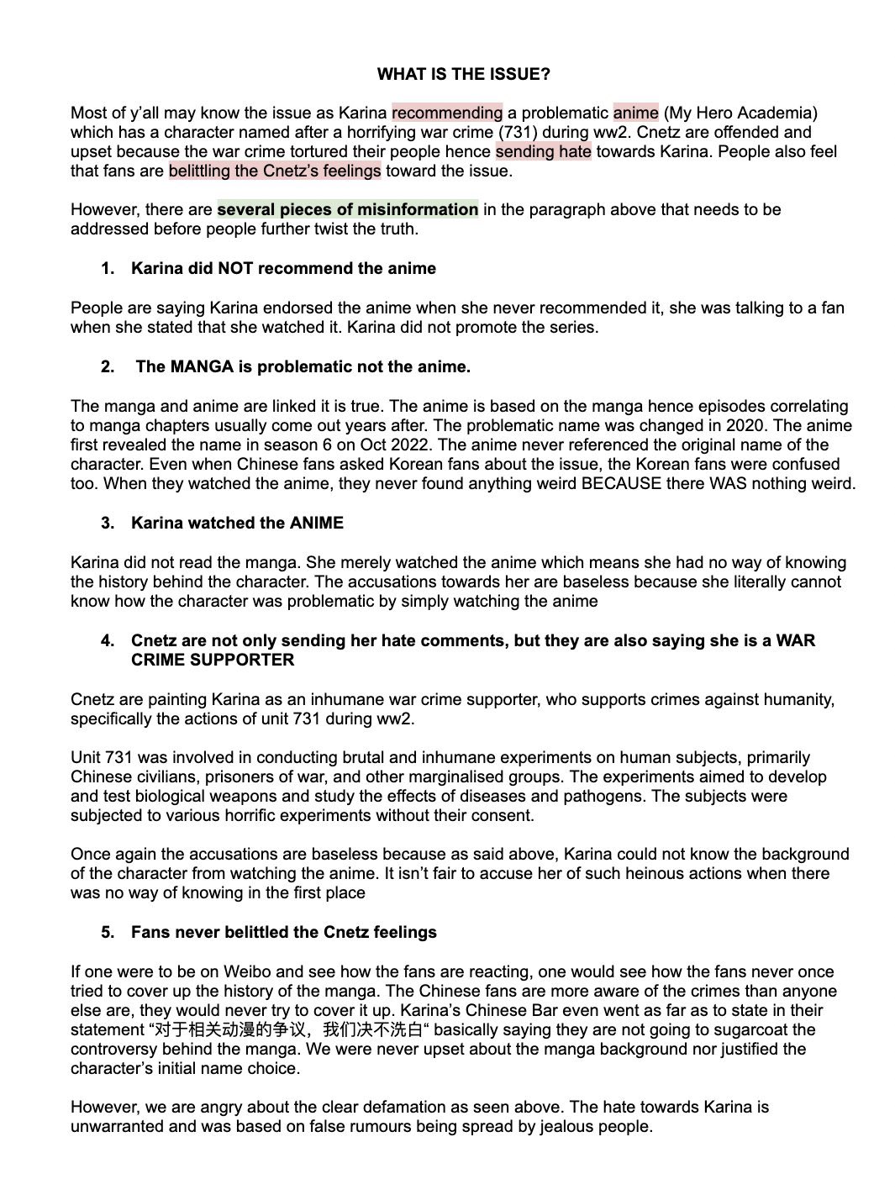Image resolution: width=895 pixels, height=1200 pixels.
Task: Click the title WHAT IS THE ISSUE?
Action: [x=463, y=74]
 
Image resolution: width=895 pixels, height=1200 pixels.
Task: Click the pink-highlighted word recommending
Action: [x=447, y=113]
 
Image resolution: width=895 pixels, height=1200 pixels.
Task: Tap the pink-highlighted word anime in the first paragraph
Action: [x=635, y=113]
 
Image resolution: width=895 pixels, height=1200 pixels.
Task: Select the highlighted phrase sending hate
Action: [x=543, y=151]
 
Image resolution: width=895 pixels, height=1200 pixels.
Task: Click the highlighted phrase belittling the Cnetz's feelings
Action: [x=275, y=171]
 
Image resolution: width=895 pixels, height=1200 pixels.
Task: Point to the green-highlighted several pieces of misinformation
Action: [x=348, y=209]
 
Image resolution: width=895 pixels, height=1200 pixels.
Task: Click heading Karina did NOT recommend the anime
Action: [x=283, y=268]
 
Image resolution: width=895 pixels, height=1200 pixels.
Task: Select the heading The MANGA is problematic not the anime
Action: [x=303, y=366]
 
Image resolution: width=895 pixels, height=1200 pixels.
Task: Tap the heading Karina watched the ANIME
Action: [x=237, y=523]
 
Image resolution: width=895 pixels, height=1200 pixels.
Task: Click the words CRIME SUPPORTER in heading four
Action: [x=213, y=660]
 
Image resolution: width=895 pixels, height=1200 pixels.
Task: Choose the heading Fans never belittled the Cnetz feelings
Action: [x=283, y=932]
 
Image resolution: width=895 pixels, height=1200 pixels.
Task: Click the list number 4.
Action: [x=108, y=640]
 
